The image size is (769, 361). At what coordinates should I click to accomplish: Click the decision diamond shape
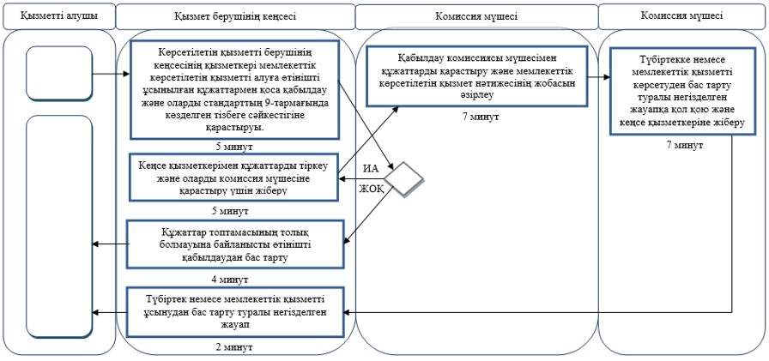click(403, 179)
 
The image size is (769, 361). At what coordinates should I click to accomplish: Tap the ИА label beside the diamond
click(370, 169)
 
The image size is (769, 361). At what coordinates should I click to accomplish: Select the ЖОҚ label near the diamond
click(371, 188)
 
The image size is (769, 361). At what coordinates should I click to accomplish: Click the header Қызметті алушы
click(59, 15)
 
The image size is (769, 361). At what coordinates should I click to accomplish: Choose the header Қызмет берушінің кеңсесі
click(235, 16)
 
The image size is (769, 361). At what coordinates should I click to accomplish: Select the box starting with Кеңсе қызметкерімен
click(233, 177)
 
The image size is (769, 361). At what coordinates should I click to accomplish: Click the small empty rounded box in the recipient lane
click(59, 73)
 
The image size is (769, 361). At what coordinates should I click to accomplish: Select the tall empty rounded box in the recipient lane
click(59, 226)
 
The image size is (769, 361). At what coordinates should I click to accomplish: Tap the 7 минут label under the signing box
click(685, 146)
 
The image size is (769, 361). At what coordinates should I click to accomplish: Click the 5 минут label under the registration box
click(233, 212)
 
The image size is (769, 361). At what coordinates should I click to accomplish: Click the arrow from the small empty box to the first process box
click(111, 75)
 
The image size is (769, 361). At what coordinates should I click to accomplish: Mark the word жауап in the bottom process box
click(233, 323)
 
